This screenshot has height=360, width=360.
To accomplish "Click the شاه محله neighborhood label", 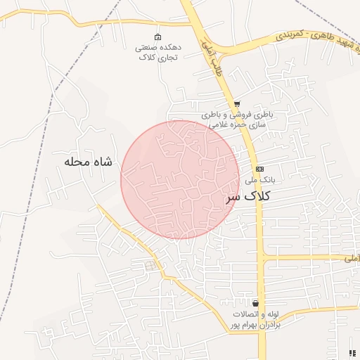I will click(88, 162).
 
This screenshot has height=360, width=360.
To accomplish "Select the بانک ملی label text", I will click(260, 180).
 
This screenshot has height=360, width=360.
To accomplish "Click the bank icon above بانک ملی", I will click(259, 169).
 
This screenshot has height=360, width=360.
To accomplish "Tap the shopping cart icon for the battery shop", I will click(237, 103).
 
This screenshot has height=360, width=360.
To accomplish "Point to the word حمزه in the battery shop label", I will click(237, 124).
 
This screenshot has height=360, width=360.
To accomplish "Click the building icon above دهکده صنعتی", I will click(157, 37).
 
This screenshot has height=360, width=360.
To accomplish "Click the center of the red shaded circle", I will click(180, 179).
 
